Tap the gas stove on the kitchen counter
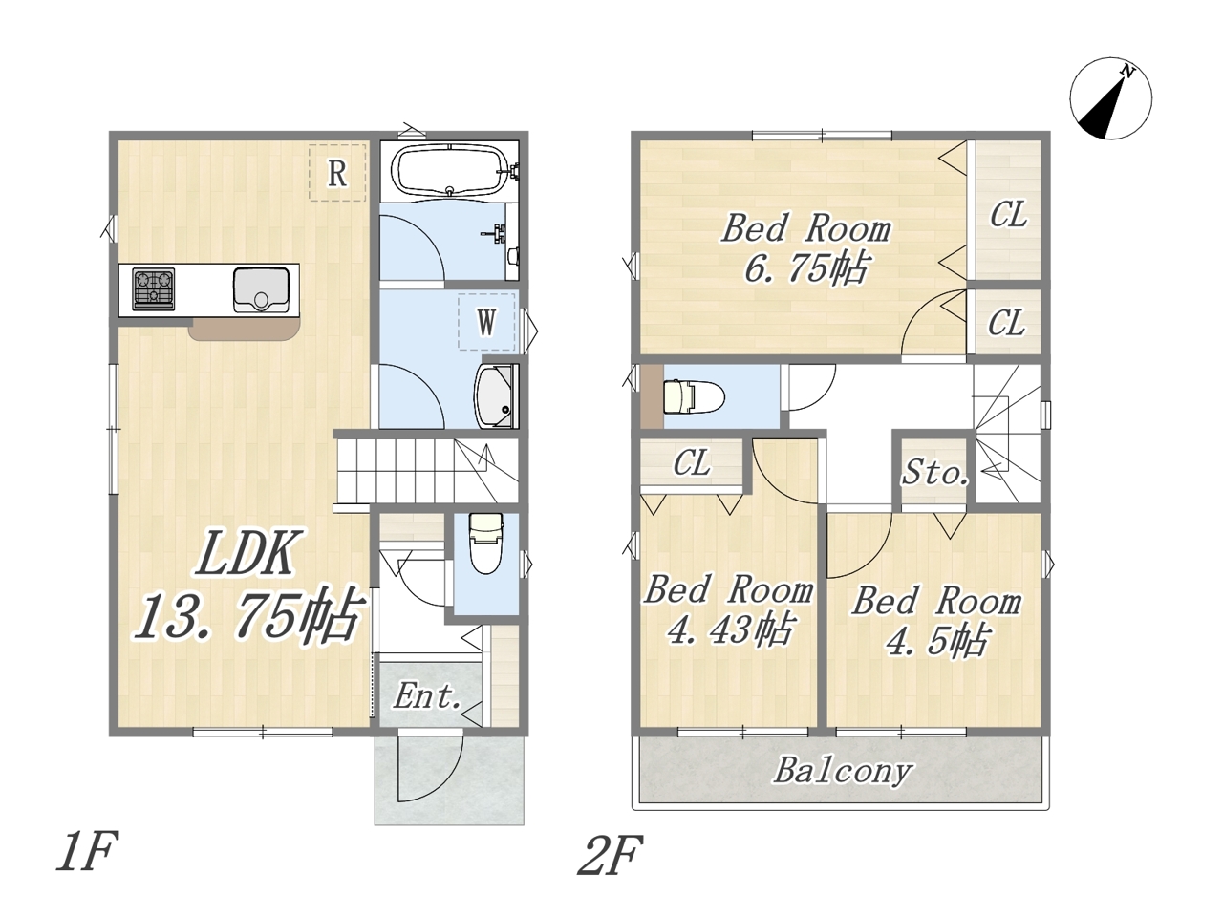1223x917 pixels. [153, 289]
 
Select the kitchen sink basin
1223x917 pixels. [261, 290]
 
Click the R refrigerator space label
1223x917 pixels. [337, 173]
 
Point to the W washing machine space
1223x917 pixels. [486, 322]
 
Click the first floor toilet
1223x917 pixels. [486, 543]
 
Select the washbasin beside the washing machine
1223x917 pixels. [496, 395]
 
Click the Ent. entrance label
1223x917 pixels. [428, 696]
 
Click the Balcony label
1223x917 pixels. [843, 771]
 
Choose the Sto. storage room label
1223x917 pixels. [935, 473]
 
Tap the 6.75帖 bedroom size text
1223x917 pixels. [806, 269]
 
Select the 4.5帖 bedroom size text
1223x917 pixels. [937, 641]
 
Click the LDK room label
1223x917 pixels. [246, 552]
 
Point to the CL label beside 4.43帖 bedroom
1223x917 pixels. [692, 462]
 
